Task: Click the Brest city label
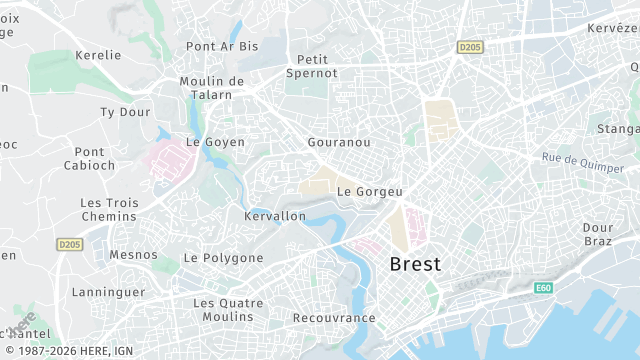coord(414,264)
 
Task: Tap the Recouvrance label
coord(334,318)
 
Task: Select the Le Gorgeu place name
coord(369,191)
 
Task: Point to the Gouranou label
coord(339,143)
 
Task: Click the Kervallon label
coord(275,216)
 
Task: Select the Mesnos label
coord(133,255)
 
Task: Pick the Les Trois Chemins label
coord(108,209)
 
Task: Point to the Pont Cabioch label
coord(89,159)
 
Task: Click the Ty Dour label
coord(125,112)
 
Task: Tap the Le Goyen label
coord(215,142)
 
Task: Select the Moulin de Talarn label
coord(212,88)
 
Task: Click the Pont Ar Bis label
coord(222,46)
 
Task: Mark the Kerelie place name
coord(98,55)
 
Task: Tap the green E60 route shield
coord(543,288)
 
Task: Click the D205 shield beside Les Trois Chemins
coord(69,244)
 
